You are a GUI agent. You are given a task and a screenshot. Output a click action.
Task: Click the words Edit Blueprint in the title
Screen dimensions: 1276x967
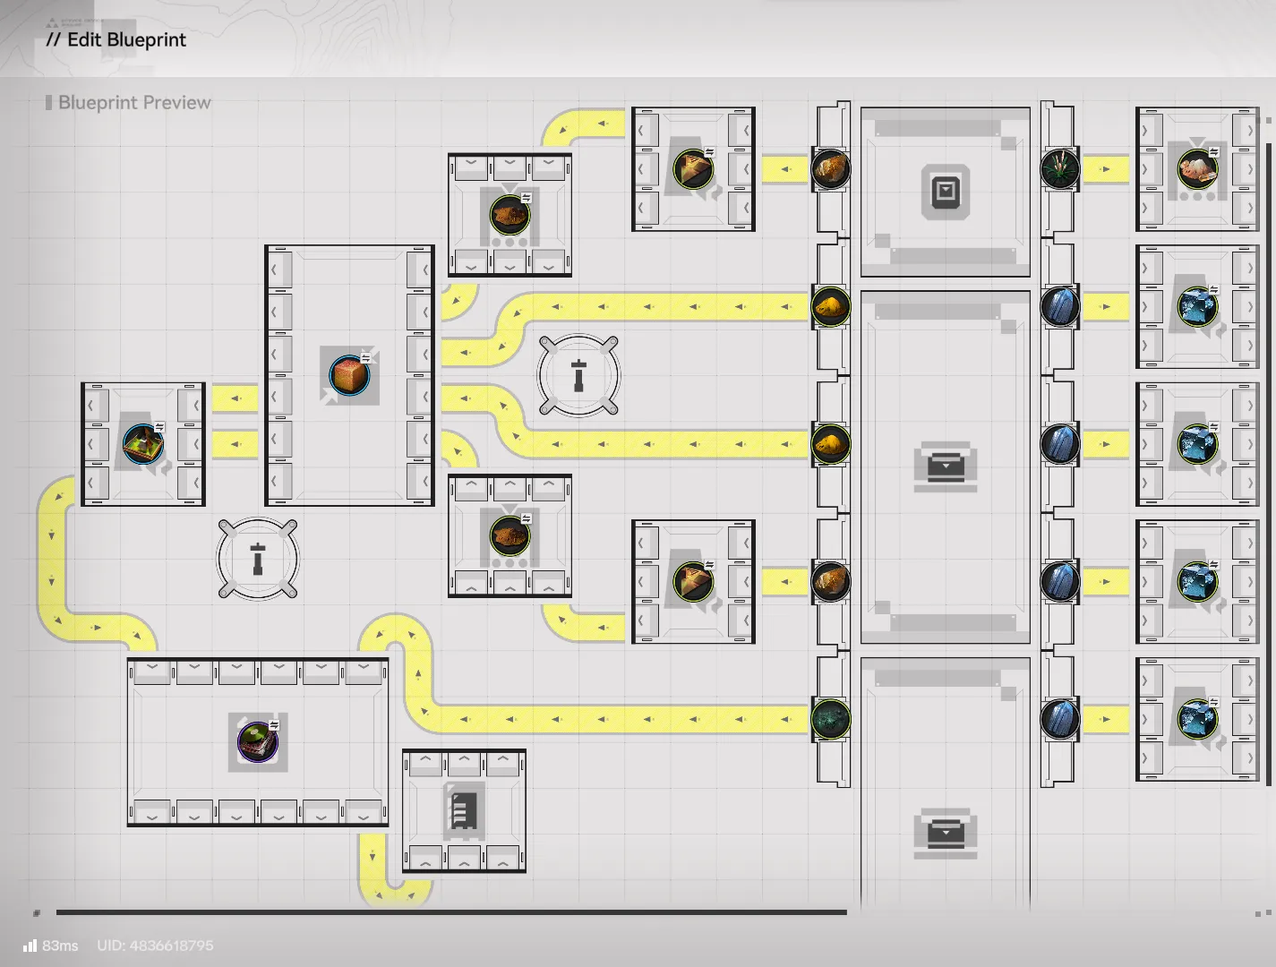pos(127,40)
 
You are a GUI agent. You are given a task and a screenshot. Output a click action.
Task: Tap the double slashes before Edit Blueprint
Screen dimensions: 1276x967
pos(53,40)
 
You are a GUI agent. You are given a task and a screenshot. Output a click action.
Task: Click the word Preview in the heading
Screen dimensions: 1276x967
pos(176,103)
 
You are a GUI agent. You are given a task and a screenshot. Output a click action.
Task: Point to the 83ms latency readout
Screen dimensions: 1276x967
pos(60,946)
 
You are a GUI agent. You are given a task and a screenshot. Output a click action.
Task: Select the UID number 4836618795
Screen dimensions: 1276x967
pos(172,946)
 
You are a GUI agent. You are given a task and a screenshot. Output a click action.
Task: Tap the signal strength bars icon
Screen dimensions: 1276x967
pos(30,946)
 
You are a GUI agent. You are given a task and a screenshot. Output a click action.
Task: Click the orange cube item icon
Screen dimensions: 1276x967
pos(349,375)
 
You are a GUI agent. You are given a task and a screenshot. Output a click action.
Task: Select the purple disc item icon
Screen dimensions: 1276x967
pos(258,742)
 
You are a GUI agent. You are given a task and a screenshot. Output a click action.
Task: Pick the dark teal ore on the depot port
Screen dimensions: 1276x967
pos(830,720)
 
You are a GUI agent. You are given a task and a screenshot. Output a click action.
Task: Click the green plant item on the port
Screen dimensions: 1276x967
pos(1059,169)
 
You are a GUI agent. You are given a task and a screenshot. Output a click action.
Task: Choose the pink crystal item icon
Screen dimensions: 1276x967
pos(1197,169)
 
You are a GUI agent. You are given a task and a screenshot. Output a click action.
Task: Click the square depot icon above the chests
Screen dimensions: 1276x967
pos(946,192)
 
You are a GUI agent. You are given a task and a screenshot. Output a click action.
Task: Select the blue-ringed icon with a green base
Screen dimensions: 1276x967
pos(143,444)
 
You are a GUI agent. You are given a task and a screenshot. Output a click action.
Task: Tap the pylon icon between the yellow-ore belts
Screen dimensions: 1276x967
pos(578,375)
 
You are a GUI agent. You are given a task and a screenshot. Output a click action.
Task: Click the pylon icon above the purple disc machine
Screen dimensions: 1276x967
pos(258,559)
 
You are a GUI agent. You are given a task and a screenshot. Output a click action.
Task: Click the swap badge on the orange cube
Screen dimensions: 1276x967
pos(365,358)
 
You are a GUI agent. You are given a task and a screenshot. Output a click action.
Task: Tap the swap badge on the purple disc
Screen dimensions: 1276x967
pos(274,725)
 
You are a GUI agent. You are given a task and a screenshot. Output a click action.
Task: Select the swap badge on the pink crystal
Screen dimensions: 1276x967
pos(1214,152)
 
